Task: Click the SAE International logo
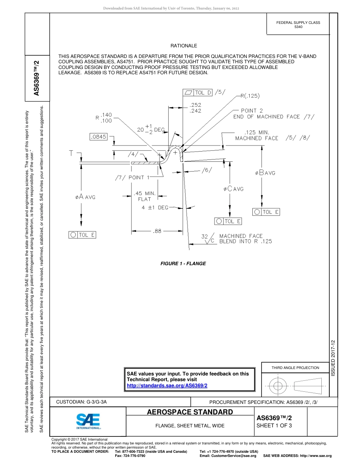click(88, 421)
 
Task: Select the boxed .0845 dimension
click(99, 137)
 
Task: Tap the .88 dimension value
click(157, 231)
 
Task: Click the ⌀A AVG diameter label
click(85, 197)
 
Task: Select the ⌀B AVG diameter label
click(265, 173)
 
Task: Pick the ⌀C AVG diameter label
click(233, 189)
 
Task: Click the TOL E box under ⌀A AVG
click(82, 235)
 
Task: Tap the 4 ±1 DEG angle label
click(155, 208)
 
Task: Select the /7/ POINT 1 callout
click(133, 177)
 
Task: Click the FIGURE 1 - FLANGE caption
click(183, 264)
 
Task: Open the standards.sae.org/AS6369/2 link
click(167, 385)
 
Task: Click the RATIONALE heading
click(184, 46)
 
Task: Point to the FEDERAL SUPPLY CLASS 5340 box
click(298, 25)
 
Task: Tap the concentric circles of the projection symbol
click(278, 386)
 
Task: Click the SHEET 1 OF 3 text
click(274, 425)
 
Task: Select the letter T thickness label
click(72, 153)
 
